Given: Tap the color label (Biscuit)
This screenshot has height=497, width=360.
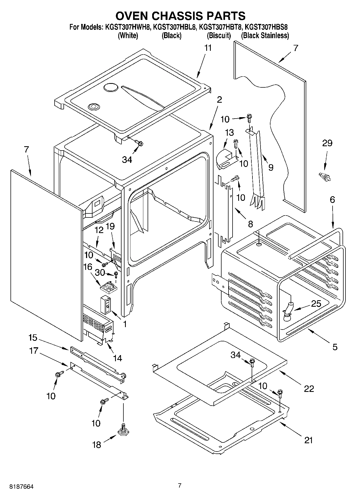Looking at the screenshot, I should point(219,35).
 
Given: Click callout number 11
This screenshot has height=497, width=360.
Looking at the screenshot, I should point(208,48).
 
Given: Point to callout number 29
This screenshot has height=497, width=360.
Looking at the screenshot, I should point(327,143).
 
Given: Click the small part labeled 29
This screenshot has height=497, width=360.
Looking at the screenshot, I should point(324,177).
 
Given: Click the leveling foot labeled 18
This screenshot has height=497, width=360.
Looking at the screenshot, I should point(123,430).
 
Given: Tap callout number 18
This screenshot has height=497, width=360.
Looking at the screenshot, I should point(97,445).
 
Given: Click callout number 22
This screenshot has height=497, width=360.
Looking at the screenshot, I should point(309,388).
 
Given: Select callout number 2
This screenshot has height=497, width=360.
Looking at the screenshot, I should point(219,100).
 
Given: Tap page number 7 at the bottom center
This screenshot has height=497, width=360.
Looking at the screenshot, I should point(180,485).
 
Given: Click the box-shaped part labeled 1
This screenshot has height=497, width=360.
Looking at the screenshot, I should point(106,305).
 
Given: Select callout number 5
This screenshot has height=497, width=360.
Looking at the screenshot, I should point(334,347).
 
